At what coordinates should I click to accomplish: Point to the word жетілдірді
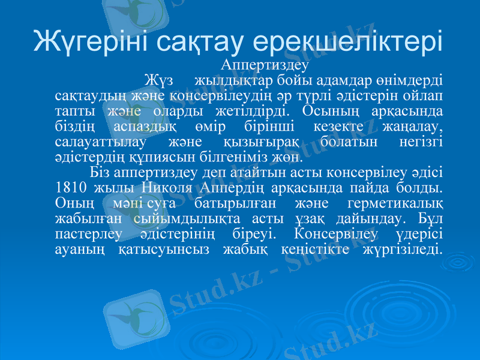[x=251, y=112]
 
